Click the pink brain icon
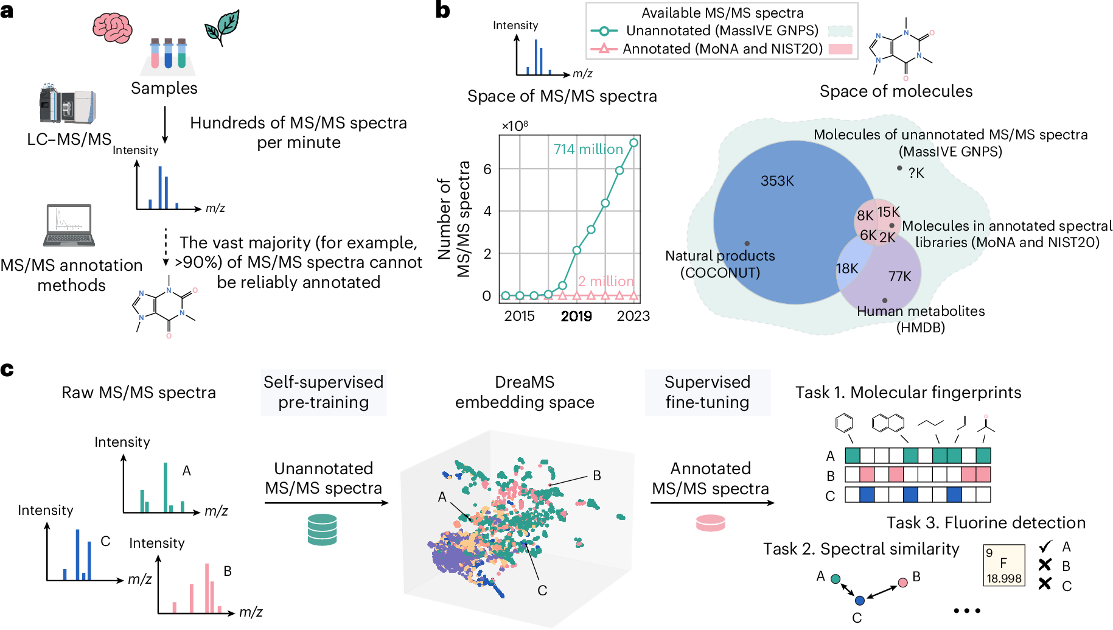pyautogui.click(x=112, y=27)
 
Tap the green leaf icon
pyautogui.click(x=223, y=27)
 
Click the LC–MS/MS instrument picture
pyautogui.click(x=68, y=104)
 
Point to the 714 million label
pyautogui.click(x=588, y=149)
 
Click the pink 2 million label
pyautogui.click(x=605, y=281)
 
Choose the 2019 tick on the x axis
pyautogui.click(x=576, y=316)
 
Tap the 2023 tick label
pyautogui.click(x=633, y=316)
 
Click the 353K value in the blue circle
pyautogui.click(x=777, y=181)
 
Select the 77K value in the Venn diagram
pyautogui.click(x=899, y=276)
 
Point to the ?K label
pyautogui.click(x=916, y=173)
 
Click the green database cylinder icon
pyautogui.click(x=322, y=529)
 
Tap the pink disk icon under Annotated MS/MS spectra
pyautogui.click(x=710, y=523)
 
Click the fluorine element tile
pyautogui.click(x=1004, y=565)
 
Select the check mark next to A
pyautogui.click(x=1045, y=547)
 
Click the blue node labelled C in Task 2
pyautogui.click(x=859, y=600)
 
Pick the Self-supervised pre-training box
pyautogui.click(x=323, y=393)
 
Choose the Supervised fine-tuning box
pyautogui.click(x=707, y=393)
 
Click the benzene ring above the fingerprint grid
pyautogui.click(x=844, y=422)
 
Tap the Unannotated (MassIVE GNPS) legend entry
pyautogui.click(x=722, y=30)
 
